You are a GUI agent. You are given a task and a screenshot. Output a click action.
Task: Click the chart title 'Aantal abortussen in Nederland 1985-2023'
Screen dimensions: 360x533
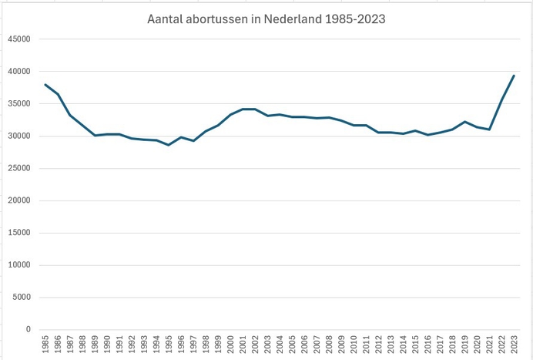click(x=266, y=18)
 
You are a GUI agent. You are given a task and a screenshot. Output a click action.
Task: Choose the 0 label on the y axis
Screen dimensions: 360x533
click(x=28, y=330)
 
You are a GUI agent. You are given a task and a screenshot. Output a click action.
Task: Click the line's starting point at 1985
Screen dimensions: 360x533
click(x=45, y=84)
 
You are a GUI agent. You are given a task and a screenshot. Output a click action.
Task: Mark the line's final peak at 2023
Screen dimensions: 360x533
click(x=514, y=76)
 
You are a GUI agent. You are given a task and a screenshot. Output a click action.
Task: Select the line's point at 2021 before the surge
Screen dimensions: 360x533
click(x=489, y=130)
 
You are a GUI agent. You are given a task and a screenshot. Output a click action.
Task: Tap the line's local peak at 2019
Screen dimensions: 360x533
click(x=464, y=122)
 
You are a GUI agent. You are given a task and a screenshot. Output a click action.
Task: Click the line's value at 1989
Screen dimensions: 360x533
click(x=95, y=136)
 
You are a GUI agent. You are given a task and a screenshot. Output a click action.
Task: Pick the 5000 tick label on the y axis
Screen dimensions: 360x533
click(x=20, y=298)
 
